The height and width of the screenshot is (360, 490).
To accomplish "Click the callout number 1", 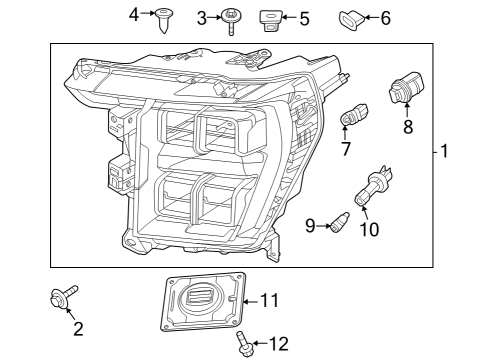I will pyautogui.click(x=445, y=153).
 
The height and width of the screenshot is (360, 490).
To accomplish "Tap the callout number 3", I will pyautogui.click(x=202, y=17).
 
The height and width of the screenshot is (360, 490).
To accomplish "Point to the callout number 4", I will pyautogui.click(x=135, y=14).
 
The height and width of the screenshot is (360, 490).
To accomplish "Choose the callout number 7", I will pyautogui.click(x=345, y=150).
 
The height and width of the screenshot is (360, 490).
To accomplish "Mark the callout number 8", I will pyautogui.click(x=407, y=127).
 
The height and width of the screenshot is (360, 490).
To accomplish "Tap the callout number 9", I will pyautogui.click(x=311, y=226).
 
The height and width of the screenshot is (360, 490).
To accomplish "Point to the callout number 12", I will pyautogui.click(x=279, y=345).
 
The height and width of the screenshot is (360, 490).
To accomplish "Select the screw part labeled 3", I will pyautogui.click(x=231, y=18).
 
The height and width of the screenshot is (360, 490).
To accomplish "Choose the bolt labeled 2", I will pyautogui.click(x=63, y=297).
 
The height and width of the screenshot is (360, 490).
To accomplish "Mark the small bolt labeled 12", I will pyautogui.click(x=243, y=344).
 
